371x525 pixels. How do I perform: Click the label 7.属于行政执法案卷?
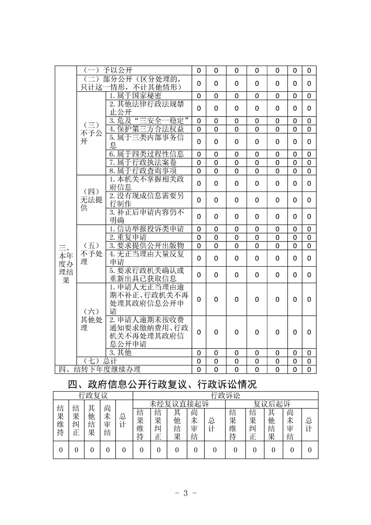(143, 162)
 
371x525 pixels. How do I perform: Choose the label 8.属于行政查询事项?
(143, 170)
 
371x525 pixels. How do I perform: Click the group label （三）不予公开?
(91, 133)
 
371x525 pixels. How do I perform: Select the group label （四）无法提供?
(91, 199)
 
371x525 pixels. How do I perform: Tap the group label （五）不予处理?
(91, 253)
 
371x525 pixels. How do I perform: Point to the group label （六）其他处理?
(91, 320)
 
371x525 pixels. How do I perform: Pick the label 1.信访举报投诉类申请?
(146, 229)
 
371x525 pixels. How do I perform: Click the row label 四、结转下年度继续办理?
(100, 369)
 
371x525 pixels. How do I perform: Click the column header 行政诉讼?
(226, 396)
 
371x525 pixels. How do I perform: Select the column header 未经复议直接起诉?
(179, 403)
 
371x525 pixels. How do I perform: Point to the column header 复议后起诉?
(272, 403)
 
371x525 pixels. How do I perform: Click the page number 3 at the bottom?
(185, 493)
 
